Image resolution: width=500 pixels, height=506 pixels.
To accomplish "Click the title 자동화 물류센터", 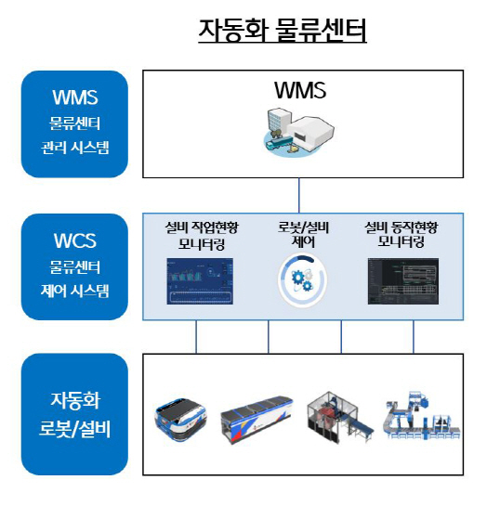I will [283, 30].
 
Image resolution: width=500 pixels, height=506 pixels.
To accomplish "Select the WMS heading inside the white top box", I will [299, 91].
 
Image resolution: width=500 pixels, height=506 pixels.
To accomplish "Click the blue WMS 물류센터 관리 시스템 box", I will [74, 123].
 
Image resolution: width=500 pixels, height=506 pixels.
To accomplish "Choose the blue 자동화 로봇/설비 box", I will [74, 414].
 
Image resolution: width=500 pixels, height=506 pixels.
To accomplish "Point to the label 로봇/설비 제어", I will [299, 232].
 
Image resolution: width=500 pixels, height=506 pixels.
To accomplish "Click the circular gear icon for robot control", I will [299, 280].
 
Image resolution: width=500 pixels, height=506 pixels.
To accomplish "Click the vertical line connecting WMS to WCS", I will [299, 195].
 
